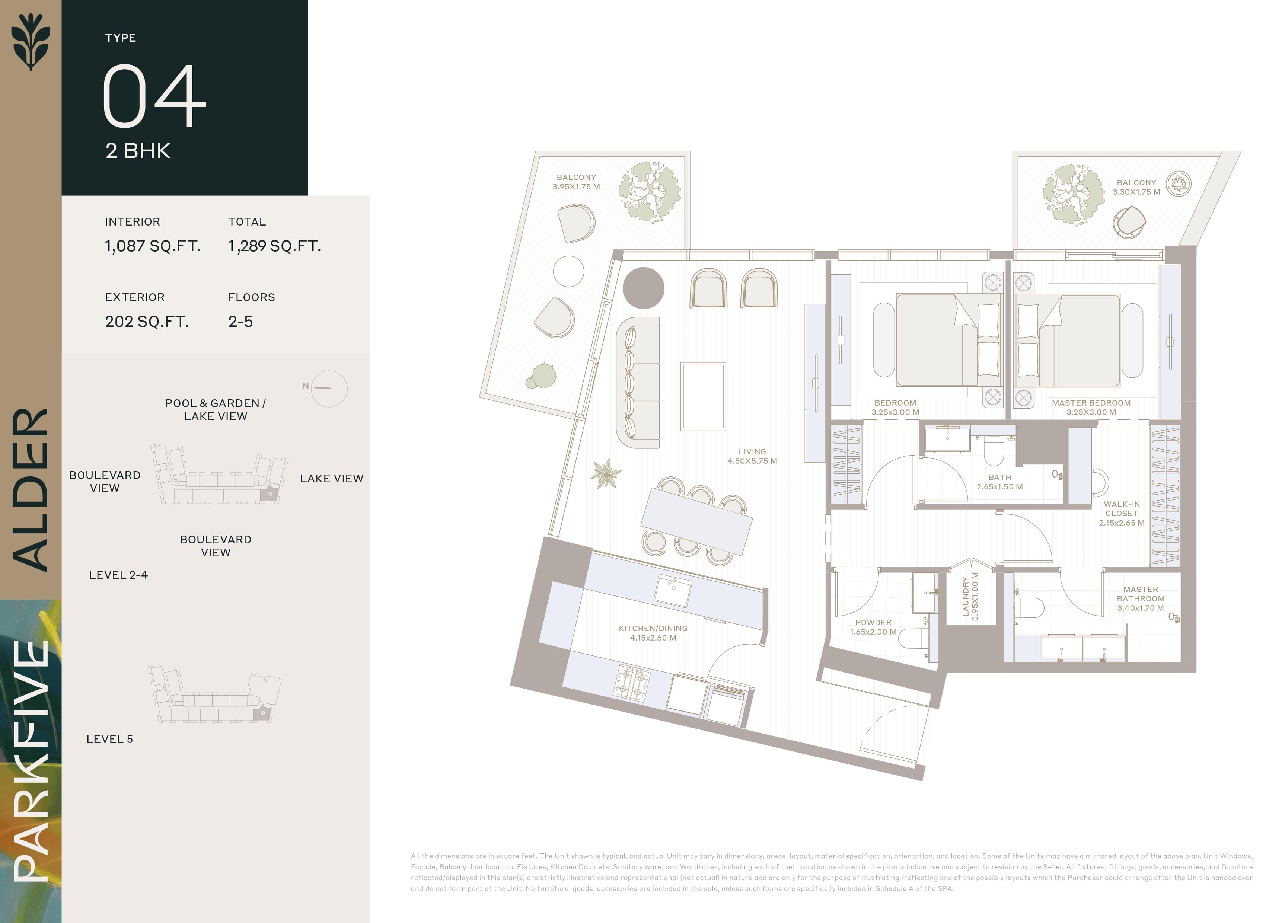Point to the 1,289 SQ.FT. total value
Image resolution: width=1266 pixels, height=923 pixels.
coord(274,246)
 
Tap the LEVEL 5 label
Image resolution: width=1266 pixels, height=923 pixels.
coord(109,739)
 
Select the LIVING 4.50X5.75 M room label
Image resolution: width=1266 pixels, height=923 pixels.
coord(752,456)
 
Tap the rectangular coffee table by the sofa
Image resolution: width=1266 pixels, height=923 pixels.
coord(703,396)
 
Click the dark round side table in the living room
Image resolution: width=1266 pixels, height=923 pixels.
coord(644,288)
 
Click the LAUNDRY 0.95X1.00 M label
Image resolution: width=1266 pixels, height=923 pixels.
coord(970,597)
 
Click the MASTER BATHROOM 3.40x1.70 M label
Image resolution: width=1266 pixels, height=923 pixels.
coord(1140,598)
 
